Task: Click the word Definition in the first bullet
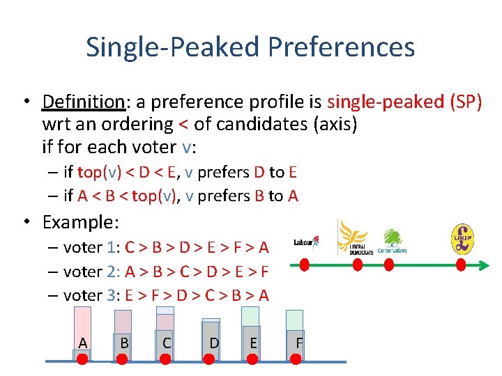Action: click(x=83, y=102)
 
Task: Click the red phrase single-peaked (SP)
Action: click(x=404, y=102)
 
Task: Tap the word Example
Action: click(x=79, y=223)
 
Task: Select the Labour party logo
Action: click(x=306, y=242)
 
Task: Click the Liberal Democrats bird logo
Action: click(x=352, y=237)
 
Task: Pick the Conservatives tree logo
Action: click(x=392, y=240)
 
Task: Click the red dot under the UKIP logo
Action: click(x=462, y=265)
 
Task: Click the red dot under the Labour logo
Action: click(x=304, y=265)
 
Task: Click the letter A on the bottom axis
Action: click(x=83, y=343)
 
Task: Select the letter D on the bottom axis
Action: click(x=215, y=343)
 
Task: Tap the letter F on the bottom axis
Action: click(x=299, y=343)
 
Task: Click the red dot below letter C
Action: click(x=166, y=358)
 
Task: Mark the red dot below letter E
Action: click(x=253, y=358)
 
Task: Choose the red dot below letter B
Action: click(x=122, y=358)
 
